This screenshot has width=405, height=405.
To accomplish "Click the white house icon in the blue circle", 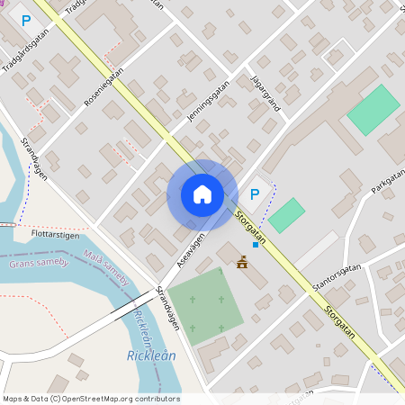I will click(202, 194).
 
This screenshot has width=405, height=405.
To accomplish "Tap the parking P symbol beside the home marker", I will click(255, 193).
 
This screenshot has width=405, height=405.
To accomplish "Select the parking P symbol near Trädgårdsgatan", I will click(26, 20).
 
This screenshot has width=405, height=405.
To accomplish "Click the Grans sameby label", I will click(39, 263).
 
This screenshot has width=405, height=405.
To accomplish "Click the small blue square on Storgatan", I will click(256, 244).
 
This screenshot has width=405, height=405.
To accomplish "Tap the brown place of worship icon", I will click(241, 262).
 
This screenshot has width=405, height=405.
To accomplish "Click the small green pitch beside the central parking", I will click(286, 215).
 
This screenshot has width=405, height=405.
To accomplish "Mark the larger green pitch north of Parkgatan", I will click(372, 110).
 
